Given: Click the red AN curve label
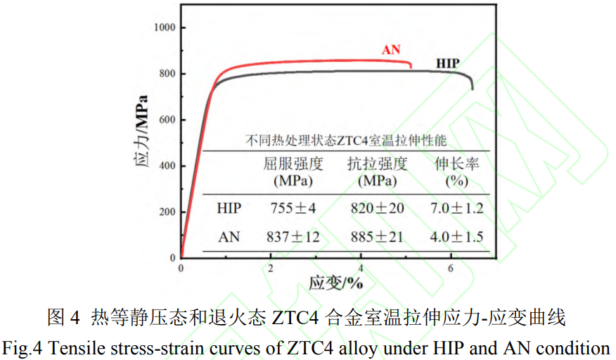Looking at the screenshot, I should pyautogui.click(x=391, y=49).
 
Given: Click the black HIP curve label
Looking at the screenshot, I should pyautogui.click(x=448, y=64).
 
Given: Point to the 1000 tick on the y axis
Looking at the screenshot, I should pyautogui.click(x=165, y=27).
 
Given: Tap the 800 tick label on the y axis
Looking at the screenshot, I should pyautogui.click(x=167, y=74).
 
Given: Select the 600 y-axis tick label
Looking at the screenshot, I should pyautogui.click(x=167, y=120).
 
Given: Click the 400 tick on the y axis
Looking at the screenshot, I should pyautogui.click(x=167, y=166).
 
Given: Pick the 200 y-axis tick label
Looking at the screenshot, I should pyautogui.click(x=167, y=212).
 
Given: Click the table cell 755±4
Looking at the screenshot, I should pyautogui.click(x=293, y=208).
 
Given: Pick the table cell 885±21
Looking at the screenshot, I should pyautogui.click(x=377, y=237).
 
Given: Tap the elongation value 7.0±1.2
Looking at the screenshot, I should pyautogui.click(x=456, y=208).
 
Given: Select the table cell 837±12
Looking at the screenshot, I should pyautogui.click(x=293, y=237).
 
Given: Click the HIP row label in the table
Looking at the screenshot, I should pyautogui.click(x=229, y=208).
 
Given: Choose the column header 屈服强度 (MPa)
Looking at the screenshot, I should pyautogui.click(x=293, y=172).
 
